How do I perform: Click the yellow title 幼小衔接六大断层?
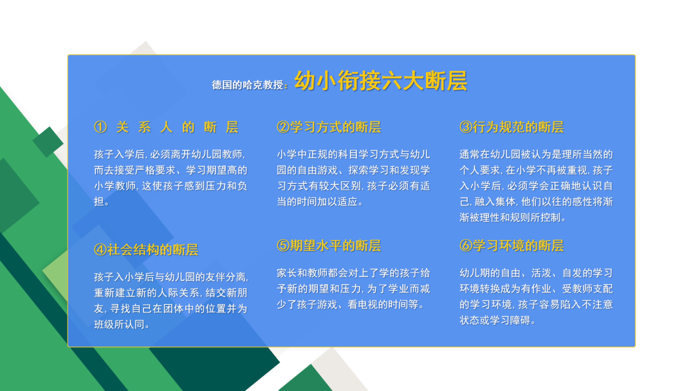tap(381, 80)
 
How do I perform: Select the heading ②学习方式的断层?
tap(329, 127)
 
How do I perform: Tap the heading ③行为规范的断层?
tap(512, 127)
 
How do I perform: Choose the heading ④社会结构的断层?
tap(146, 250)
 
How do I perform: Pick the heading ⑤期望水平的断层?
tap(329, 246)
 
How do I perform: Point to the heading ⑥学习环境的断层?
tap(512, 246)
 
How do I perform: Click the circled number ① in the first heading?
tap(100, 127)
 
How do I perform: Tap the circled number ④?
tap(100, 250)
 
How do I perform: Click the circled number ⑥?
tap(466, 246)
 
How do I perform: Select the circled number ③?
tap(466, 127)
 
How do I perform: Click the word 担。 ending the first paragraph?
tap(102, 201)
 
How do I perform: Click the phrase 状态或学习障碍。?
tap(498, 320)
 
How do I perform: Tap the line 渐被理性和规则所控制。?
tap(514, 217)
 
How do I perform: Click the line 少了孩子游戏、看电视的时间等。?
tap(351, 305)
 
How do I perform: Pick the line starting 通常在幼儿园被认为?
tap(536, 154)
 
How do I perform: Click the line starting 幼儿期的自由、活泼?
tap(536, 273)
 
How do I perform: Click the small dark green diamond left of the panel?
tap(48, 142)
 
